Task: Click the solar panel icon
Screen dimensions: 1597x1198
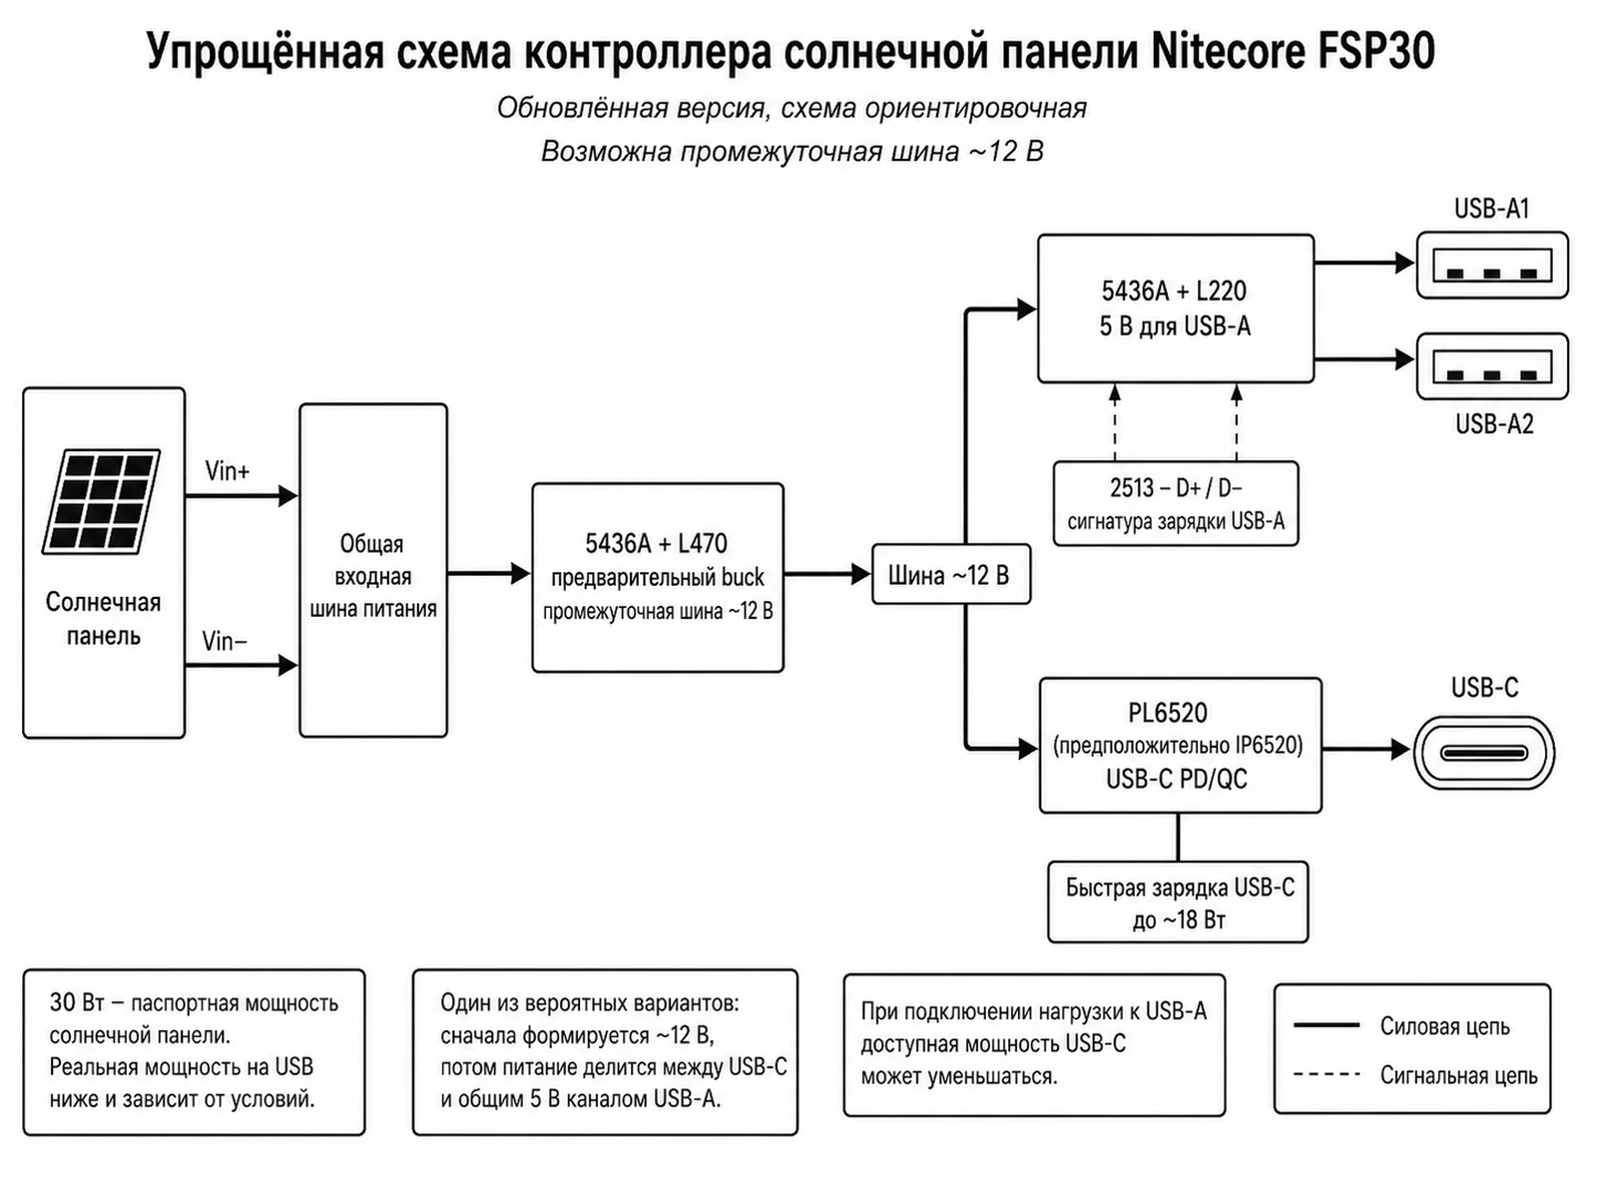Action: tap(101, 501)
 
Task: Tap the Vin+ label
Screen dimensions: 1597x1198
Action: tap(227, 471)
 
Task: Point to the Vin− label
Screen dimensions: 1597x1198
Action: tap(225, 642)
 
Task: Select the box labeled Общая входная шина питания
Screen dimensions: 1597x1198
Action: tap(373, 570)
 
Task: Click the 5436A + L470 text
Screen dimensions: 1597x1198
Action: tap(656, 543)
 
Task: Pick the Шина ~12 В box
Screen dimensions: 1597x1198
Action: tap(951, 575)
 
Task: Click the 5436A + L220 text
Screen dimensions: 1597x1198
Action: tap(1174, 291)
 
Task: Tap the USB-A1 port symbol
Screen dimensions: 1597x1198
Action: tap(1492, 265)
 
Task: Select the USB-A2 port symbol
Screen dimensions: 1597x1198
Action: tap(1492, 366)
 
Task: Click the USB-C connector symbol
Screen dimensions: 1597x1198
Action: tap(1483, 753)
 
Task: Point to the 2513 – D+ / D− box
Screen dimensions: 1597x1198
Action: tap(1176, 503)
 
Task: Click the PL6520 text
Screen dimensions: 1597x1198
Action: tap(1168, 713)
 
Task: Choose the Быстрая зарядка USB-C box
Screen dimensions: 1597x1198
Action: tap(1178, 901)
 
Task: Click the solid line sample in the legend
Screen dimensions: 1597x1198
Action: tap(1327, 1025)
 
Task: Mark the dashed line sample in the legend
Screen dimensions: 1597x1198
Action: tap(1327, 1074)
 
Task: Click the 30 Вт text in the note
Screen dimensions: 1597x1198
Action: tap(77, 1002)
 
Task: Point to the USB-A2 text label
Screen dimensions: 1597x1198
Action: tap(1494, 424)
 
